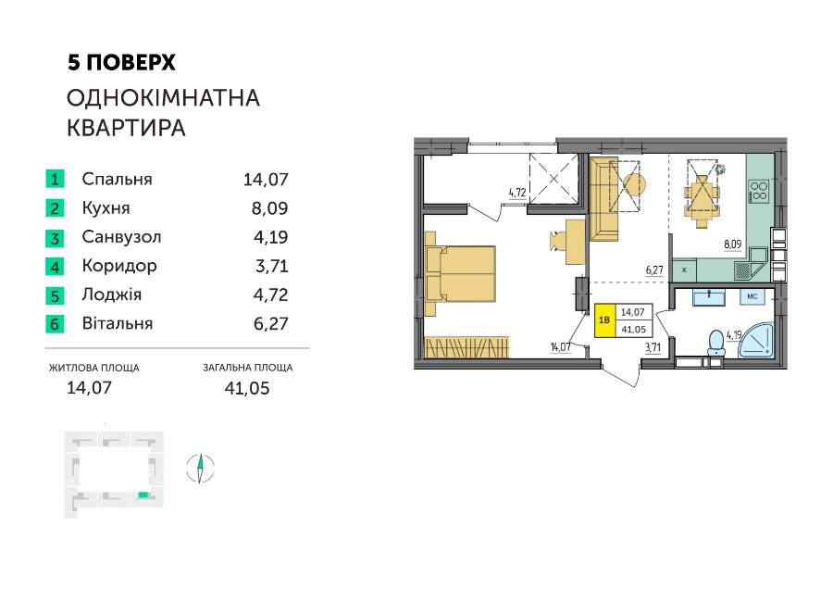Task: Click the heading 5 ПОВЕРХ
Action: pyautogui.click(x=121, y=63)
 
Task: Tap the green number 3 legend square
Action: pyautogui.click(x=55, y=237)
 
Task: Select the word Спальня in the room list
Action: pyautogui.click(x=117, y=179)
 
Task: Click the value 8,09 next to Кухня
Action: pyautogui.click(x=269, y=207)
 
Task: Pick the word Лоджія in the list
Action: pyautogui.click(x=112, y=294)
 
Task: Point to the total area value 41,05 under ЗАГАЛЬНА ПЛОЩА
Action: pyautogui.click(x=247, y=388)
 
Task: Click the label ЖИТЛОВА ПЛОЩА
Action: pyautogui.click(x=94, y=368)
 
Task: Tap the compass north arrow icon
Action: pyautogui.click(x=200, y=469)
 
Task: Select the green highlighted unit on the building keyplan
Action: pyautogui.click(x=143, y=495)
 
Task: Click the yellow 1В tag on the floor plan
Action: pyautogui.click(x=604, y=320)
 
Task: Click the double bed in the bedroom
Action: pyautogui.click(x=461, y=274)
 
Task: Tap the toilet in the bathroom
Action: pyautogui.click(x=716, y=343)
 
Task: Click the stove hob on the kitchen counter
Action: pyautogui.click(x=758, y=192)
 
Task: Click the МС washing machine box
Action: pyautogui.click(x=752, y=296)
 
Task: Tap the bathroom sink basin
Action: pyautogui.click(x=709, y=297)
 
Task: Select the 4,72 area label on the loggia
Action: pyautogui.click(x=517, y=192)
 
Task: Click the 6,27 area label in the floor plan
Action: pyautogui.click(x=654, y=270)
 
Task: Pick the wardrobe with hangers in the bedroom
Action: pyautogui.click(x=467, y=347)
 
